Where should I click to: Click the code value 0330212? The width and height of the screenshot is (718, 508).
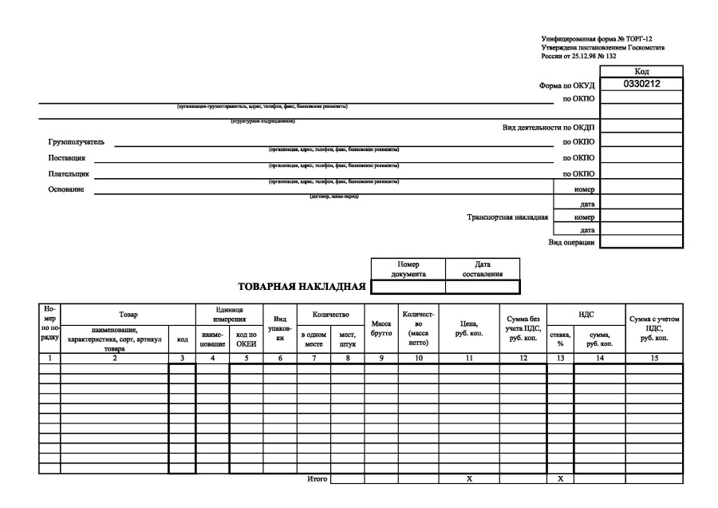click(x=641, y=83)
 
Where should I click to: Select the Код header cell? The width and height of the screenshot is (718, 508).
click(x=641, y=71)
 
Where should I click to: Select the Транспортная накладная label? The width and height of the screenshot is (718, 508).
click(x=507, y=217)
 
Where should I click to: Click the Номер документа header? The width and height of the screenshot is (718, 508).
click(x=408, y=268)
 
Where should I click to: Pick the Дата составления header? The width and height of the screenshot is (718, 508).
click(x=482, y=268)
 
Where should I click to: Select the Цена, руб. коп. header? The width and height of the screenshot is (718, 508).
click(x=469, y=327)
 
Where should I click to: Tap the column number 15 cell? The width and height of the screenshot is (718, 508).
click(x=653, y=359)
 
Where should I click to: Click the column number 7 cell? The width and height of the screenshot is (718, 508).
click(x=314, y=359)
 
